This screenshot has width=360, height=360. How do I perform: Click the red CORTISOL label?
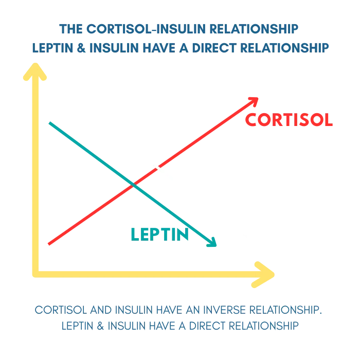point(289,120)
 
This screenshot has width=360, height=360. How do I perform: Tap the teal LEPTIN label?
point(160,235)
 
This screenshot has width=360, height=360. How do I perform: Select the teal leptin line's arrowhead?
point(212,243)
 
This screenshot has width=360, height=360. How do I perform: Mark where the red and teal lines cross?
point(133,184)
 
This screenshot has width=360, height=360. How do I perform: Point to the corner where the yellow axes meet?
point(35,274)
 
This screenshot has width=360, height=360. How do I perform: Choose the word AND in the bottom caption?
point(101,310)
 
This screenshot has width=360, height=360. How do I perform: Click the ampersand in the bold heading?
point(81,48)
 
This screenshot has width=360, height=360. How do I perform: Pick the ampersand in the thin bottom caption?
point(100,326)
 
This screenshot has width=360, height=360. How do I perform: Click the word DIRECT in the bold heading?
point(214,48)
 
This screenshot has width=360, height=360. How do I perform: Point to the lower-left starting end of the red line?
point(49,244)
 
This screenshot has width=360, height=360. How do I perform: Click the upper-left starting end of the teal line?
point(49,123)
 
